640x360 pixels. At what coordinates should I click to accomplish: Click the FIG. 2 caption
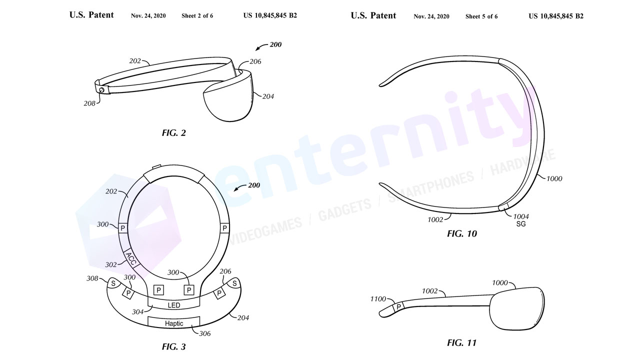(173, 133)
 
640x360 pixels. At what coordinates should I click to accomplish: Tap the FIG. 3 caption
(173, 347)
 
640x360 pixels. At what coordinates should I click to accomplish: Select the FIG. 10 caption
(462, 233)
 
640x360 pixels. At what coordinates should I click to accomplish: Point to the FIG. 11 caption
(461, 342)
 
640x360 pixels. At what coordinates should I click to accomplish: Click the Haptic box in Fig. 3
(173, 322)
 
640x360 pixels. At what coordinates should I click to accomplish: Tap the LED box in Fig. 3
(173, 304)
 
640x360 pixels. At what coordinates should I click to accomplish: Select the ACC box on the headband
(131, 259)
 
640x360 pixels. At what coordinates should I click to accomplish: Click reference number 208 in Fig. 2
(89, 103)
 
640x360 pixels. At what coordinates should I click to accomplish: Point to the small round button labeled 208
(101, 90)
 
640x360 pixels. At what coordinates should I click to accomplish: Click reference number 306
(204, 333)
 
